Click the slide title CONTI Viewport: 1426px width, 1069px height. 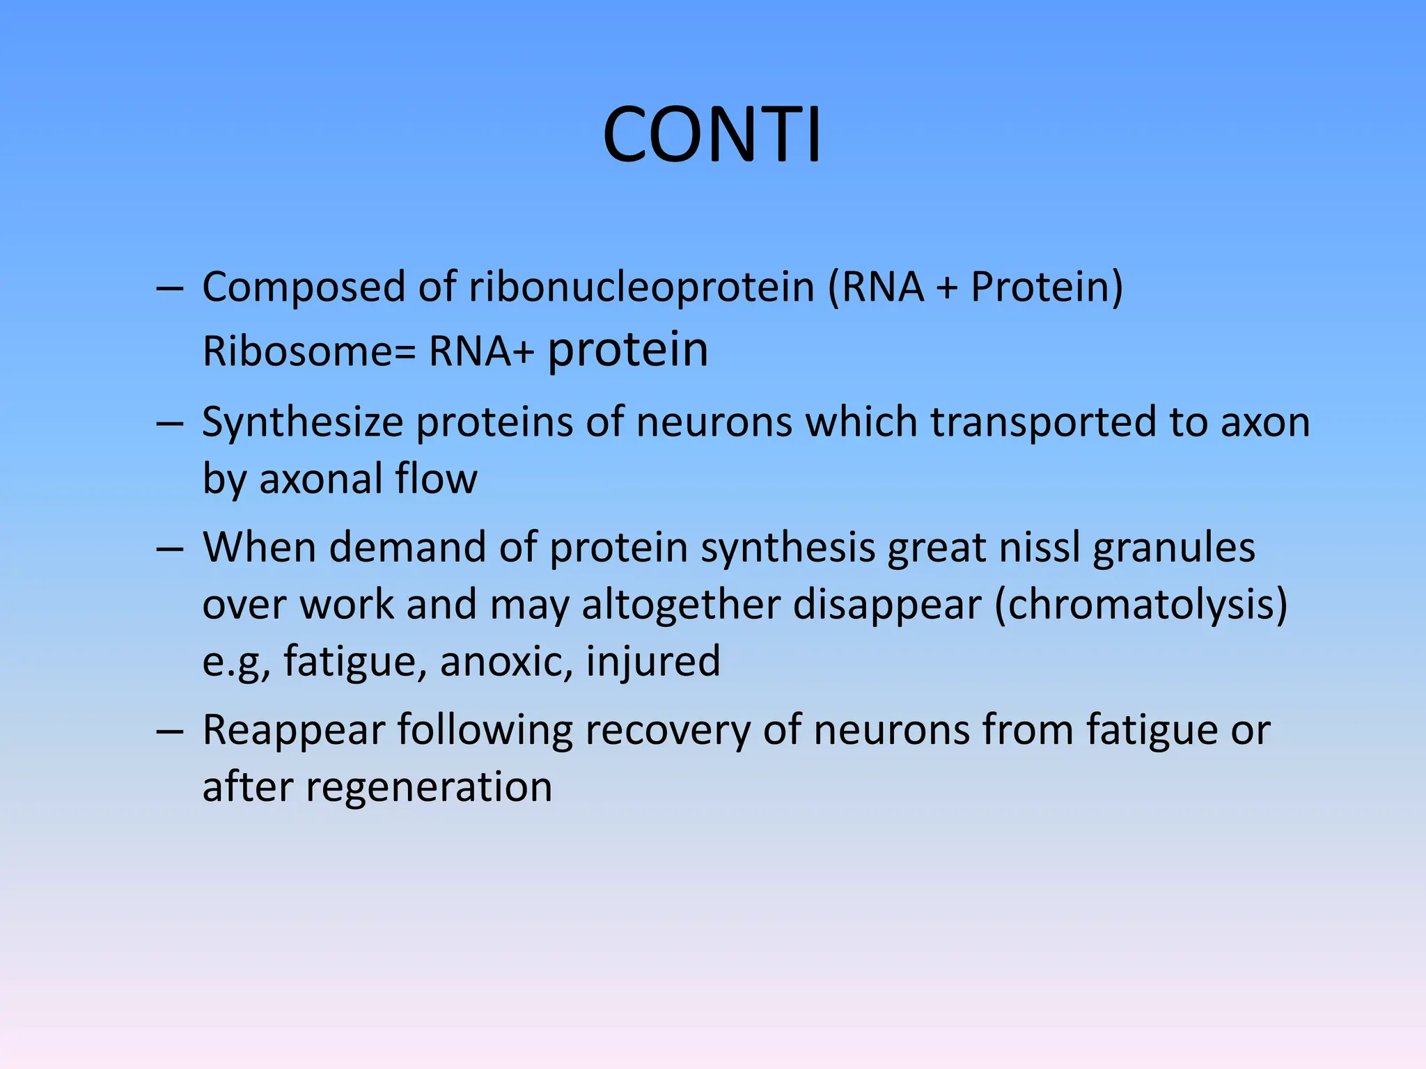[x=712, y=135]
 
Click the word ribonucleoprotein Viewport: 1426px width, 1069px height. [x=641, y=287]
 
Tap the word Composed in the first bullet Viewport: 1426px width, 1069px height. [x=304, y=287]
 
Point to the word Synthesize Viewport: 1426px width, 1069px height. [x=303, y=422]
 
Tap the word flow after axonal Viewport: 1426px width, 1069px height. [x=436, y=479]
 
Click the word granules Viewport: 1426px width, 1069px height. [x=1174, y=548]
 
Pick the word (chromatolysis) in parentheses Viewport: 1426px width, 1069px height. [x=1141, y=604]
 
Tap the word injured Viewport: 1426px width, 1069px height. [x=652, y=661]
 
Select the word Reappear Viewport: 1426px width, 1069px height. [x=293, y=731]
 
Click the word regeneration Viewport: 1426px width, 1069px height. [x=428, y=788]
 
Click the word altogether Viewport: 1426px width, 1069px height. [x=681, y=604]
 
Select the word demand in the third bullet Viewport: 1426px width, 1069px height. [x=407, y=547]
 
